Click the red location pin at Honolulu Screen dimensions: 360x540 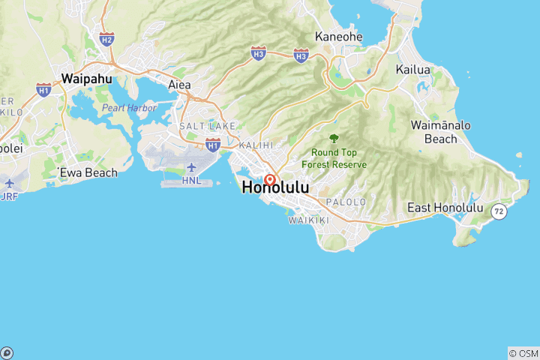click(x=269, y=180)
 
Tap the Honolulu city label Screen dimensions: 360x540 click(x=275, y=188)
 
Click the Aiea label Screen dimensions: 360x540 click(x=179, y=84)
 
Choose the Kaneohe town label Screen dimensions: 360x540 click(x=339, y=36)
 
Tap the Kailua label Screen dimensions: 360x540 click(x=413, y=70)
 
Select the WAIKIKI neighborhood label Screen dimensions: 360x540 click(x=309, y=220)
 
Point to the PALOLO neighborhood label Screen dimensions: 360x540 click(x=346, y=202)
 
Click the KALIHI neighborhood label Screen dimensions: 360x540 click(x=256, y=144)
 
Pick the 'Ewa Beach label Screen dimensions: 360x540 click(x=88, y=172)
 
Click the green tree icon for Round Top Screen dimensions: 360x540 click(x=334, y=138)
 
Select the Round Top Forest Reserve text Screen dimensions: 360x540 click(x=334, y=158)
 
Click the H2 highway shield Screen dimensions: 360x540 click(x=106, y=39)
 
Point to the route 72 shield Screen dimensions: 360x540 click(x=499, y=212)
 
